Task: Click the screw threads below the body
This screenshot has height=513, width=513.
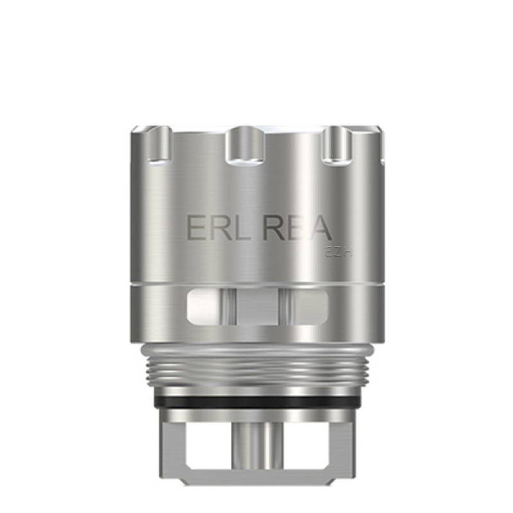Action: tap(256, 371)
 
